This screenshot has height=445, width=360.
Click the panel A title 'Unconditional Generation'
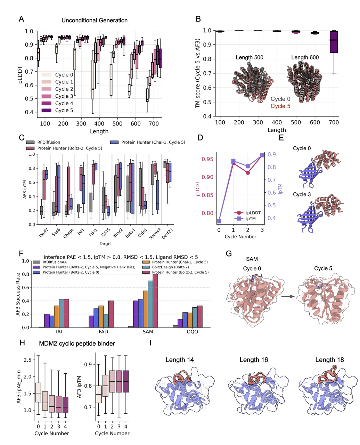95,21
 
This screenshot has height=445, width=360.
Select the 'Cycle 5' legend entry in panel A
64,110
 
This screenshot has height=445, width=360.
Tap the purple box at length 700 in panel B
334,42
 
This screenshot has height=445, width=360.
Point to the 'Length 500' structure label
249,57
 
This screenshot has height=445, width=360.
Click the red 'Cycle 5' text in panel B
280,106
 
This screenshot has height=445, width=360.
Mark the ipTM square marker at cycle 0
219,221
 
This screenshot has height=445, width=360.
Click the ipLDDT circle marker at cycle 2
247,173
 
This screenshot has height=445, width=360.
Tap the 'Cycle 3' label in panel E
302,194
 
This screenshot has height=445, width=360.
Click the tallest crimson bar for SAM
155,301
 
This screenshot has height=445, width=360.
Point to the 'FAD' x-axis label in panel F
104,332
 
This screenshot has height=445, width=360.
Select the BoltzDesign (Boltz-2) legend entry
170,267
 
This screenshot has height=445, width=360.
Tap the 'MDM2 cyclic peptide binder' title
77,343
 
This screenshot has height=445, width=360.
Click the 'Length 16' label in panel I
254,360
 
